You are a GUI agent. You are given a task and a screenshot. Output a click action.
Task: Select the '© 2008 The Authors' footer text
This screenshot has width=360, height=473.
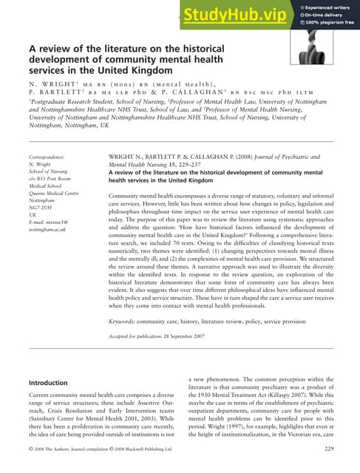[54, 449]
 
